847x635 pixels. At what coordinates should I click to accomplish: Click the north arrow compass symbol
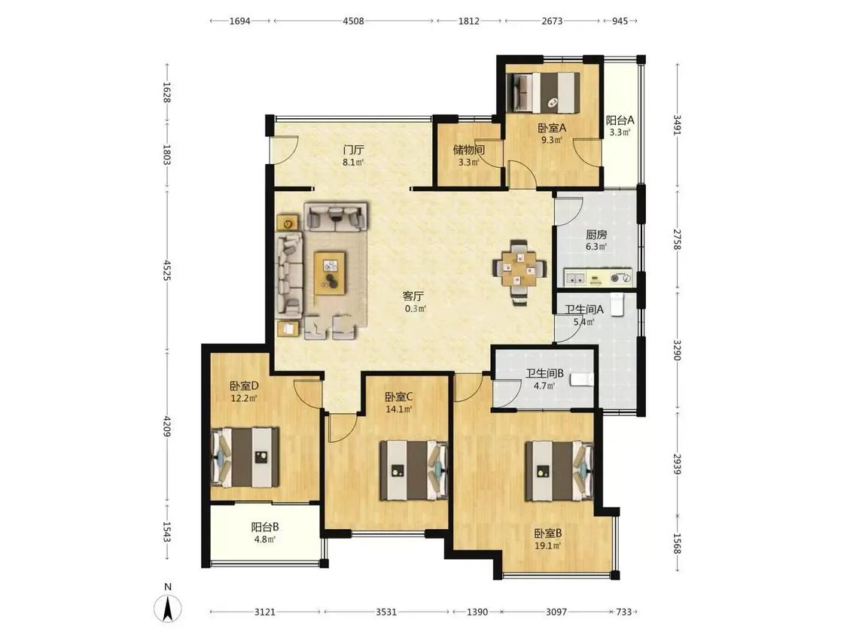click(168, 609)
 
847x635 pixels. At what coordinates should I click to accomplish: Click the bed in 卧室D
click(245, 457)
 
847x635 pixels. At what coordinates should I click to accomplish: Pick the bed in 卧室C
click(414, 469)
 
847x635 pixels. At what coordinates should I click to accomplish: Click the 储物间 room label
click(468, 150)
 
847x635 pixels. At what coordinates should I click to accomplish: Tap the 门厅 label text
click(353, 149)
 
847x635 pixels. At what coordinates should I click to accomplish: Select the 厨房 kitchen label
click(596, 234)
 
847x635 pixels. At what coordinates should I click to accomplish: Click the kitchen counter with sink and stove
click(598, 278)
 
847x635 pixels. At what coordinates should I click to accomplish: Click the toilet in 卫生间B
click(582, 380)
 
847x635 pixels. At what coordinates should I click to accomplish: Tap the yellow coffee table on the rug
click(330, 272)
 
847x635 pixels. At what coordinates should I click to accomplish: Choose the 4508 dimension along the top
click(353, 21)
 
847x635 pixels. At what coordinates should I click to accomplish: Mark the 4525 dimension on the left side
click(166, 269)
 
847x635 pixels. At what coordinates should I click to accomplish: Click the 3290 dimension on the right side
click(678, 350)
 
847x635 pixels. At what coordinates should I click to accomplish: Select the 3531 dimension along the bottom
click(386, 612)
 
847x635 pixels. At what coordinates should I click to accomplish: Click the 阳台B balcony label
click(265, 527)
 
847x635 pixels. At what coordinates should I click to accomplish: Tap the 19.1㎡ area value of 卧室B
click(548, 545)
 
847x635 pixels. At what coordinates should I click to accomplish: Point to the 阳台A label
click(620, 120)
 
